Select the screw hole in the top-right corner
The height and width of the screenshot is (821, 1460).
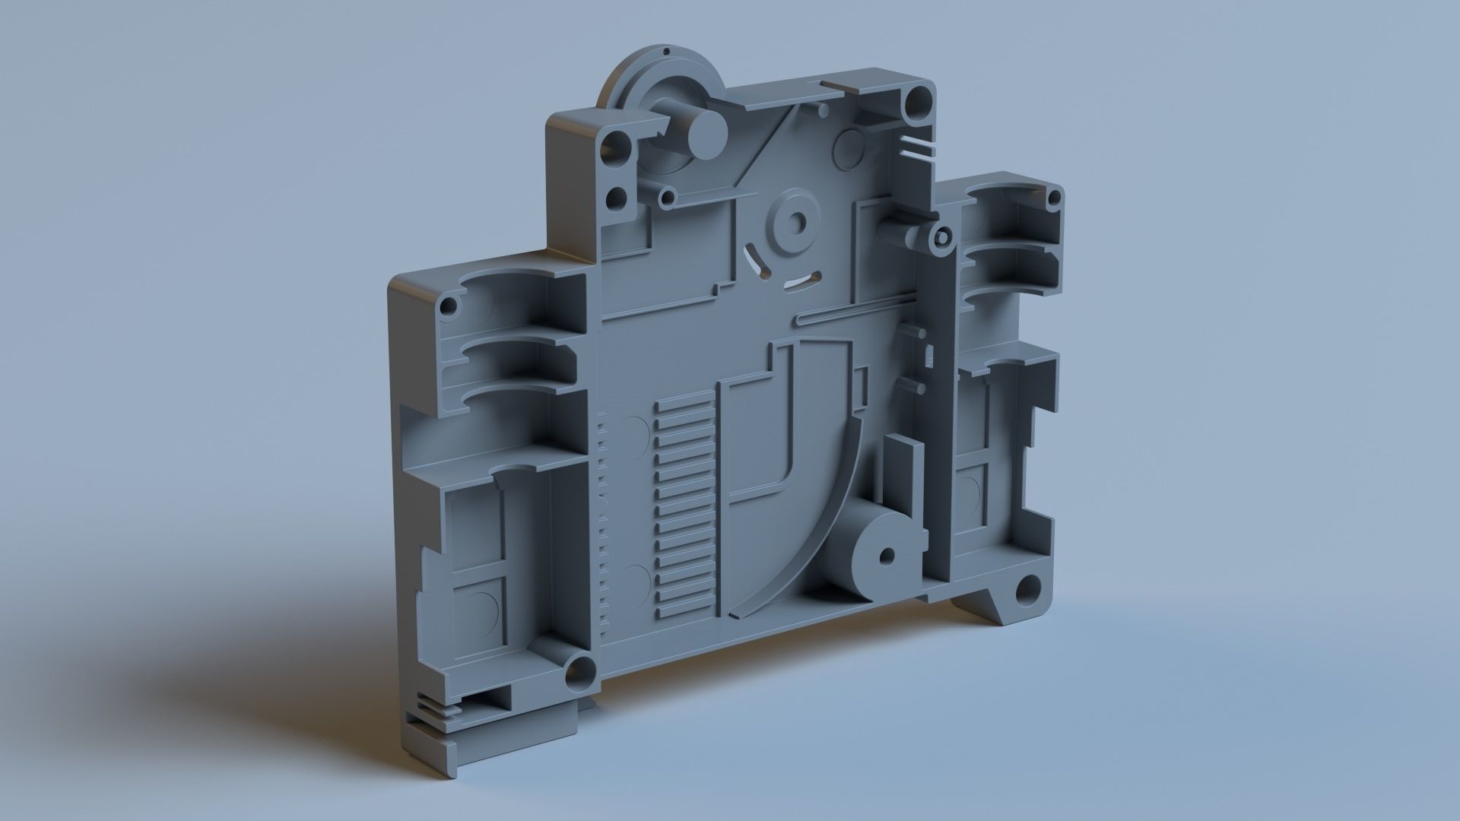(919, 98)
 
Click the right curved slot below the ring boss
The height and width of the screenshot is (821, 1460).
(803, 281)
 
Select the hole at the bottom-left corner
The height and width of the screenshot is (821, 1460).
(580, 670)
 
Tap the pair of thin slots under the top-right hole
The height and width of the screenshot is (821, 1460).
(921, 147)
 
